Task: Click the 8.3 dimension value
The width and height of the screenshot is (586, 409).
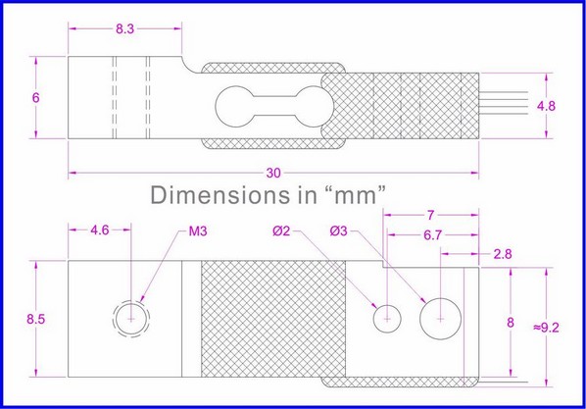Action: pos(124,29)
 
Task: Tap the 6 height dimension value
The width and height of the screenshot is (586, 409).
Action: pos(35,98)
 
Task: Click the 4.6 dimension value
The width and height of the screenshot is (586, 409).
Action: pos(100,231)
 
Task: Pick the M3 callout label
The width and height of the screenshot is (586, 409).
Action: pos(196,231)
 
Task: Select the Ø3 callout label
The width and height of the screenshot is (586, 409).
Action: pos(340,231)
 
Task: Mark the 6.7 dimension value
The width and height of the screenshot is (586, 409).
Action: pos(431,236)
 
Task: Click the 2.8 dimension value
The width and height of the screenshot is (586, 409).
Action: pos(503,254)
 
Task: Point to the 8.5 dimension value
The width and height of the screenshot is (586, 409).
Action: pos(34,319)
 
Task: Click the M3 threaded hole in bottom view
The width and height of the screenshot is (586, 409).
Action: pos(132,318)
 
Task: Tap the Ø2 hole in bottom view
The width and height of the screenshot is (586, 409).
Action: pos(388,318)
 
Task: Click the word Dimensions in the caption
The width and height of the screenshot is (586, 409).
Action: pos(213,195)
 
